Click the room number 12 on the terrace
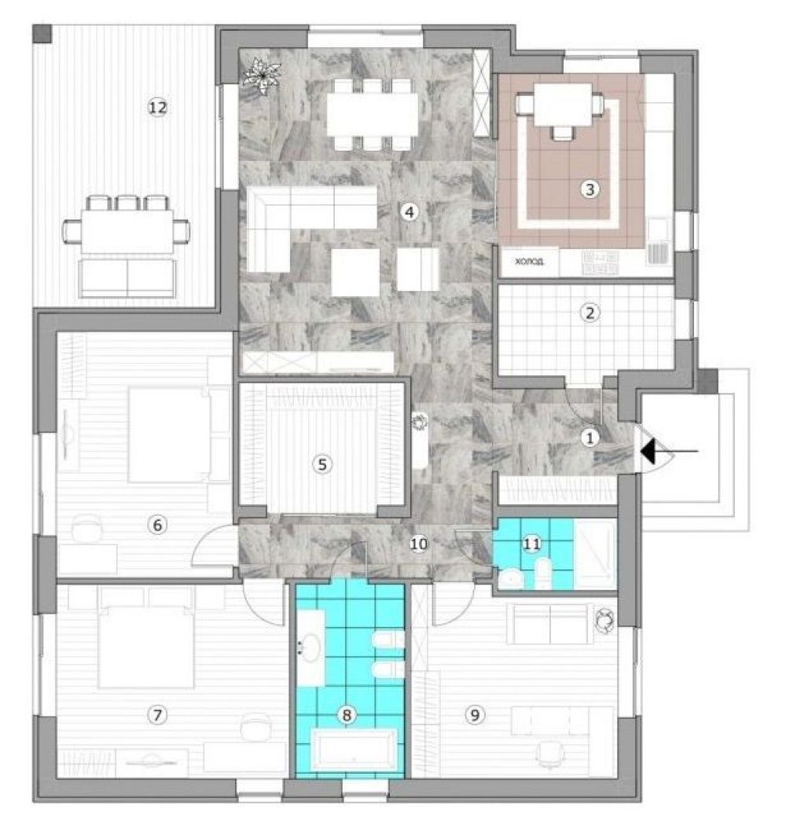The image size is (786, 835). (157, 108)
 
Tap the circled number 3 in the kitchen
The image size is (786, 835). (589, 189)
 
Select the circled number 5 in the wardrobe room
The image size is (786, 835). (321, 464)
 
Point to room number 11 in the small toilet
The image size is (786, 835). (531, 543)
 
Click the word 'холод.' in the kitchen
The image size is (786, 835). (529, 262)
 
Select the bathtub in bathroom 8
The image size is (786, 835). (354, 750)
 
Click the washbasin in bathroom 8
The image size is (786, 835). (311, 647)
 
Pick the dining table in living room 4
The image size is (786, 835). (373, 115)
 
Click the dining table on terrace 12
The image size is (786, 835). (127, 231)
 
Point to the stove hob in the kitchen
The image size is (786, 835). (600, 263)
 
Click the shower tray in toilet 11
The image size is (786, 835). (596, 554)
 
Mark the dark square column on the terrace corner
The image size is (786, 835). (42, 34)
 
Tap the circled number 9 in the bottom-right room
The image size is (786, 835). (475, 715)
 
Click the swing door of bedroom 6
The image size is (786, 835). (214, 545)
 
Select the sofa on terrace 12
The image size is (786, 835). (127, 278)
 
